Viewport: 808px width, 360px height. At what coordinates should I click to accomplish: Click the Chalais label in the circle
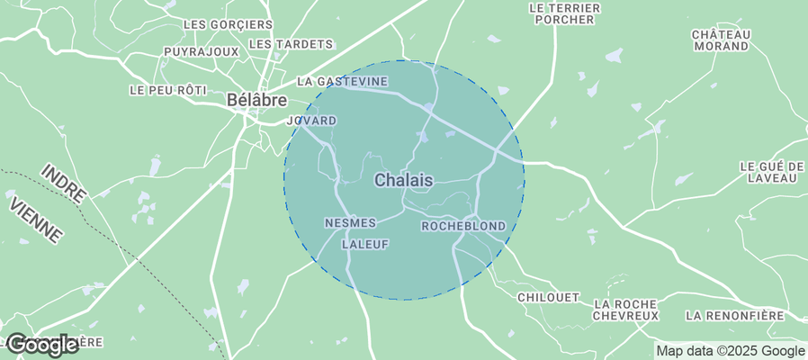403,180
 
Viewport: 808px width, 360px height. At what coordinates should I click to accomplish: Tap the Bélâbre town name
256,100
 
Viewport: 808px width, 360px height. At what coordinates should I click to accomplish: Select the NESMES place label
349,222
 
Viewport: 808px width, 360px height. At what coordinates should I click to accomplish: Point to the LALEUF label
364,244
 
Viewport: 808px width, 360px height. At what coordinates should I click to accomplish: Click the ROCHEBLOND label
463,226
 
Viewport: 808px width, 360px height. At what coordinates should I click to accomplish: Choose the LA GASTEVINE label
342,81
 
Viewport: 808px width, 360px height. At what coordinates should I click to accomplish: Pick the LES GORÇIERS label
228,24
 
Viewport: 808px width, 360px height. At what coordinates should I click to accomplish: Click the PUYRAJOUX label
202,52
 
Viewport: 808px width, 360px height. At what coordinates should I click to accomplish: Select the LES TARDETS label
291,44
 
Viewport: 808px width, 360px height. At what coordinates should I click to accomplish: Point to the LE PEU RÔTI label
168,90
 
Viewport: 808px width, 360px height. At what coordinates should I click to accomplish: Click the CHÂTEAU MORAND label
721,40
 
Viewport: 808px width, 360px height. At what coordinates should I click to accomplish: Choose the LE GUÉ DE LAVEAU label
771,172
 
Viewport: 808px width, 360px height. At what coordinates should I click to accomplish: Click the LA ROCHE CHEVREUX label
626,310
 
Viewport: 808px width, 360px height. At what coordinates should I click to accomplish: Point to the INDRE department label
64,184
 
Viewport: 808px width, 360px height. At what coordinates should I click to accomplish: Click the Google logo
41,344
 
